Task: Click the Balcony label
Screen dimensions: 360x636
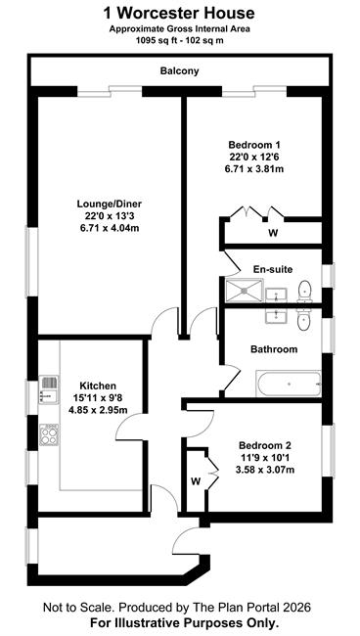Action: tap(180, 71)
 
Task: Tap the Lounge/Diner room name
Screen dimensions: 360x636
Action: tap(110, 204)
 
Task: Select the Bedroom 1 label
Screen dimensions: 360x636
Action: tap(254, 145)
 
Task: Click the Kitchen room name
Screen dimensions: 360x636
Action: tap(98, 386)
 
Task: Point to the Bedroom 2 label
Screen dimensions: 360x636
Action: tap(265, 445)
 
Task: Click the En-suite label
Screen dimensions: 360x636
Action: tap(273, 269)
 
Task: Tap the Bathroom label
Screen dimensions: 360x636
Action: tap(274, 349)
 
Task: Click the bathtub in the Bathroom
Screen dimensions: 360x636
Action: tap(289, 384)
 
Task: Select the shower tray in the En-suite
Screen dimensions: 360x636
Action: tap(244, 291)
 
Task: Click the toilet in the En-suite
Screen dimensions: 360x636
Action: tap(304, 292)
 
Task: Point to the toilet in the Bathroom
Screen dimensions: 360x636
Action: tap(304, 319)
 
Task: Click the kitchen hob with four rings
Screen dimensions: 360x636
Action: tap(49, 435)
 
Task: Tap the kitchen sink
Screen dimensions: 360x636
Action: tap(49, 389)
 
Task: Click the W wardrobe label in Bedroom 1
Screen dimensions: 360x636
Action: tap(273, 233)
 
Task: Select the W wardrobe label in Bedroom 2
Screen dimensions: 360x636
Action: tap(196, 481)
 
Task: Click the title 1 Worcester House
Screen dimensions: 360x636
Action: tap(180, 14)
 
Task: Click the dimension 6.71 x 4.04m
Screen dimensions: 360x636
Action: tap(110, 228)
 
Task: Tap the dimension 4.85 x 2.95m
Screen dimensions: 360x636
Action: tap(98, 410)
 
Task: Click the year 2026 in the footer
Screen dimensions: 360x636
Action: tap(297, 608)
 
